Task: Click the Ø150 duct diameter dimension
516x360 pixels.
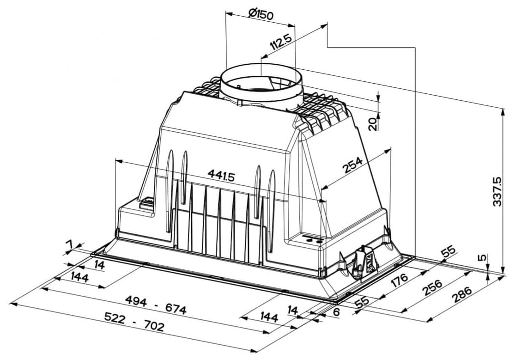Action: [261, 14]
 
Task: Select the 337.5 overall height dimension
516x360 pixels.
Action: [498, 192]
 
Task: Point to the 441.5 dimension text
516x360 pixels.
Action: [221, 176]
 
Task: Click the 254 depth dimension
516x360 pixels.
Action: [352, 165]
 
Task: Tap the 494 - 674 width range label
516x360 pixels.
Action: [156, 305]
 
